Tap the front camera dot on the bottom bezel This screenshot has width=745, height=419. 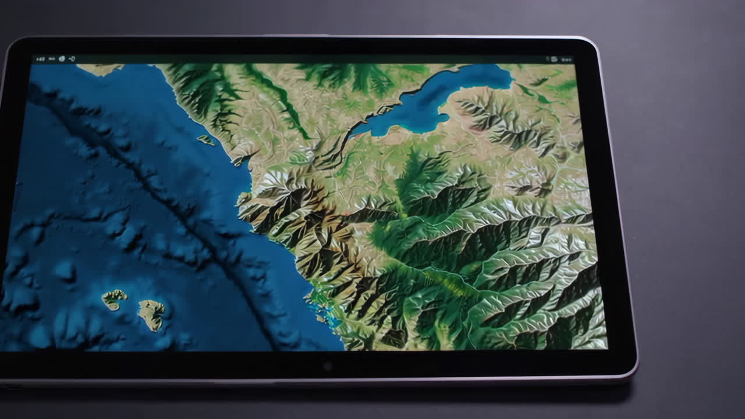pyautogui.click(x=327, y=366)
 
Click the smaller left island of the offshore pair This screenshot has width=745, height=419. pyautogui.click(x=114, y=299)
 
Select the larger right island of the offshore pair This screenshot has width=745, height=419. pyautogui.click(x=151, y=314)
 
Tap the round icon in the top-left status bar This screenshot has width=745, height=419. pyautogui.click(x=62, y=59)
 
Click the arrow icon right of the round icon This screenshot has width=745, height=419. pyautogui.click(x=72, y=59)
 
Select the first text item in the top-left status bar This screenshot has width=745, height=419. pyautogui.click(x=40, y=59)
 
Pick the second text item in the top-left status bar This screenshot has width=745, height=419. pyautogui.click(x=52, y=59)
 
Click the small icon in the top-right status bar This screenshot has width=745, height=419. pyautogui.click(x=554, y=59)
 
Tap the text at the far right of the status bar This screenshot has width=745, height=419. pyautogui.click(x=566, y=59)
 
